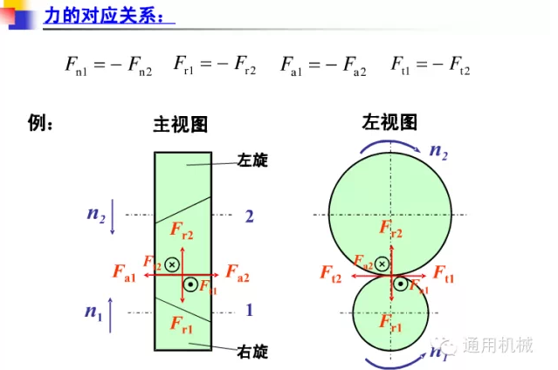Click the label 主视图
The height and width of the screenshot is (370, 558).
tap(181, 125)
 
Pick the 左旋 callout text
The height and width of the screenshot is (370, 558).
tap(252, 161)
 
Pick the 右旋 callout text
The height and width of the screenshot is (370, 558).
tap(252, 352)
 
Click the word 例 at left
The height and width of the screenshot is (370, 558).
tap(42, 123)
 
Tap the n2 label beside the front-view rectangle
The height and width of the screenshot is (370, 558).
tap(96, 215)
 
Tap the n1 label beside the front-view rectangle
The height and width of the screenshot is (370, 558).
tap(94, 312)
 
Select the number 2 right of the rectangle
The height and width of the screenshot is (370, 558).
tap(249, 216)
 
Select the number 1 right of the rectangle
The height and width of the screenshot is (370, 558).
tap(249, 310)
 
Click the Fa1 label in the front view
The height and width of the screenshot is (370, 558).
tap(123, 277)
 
